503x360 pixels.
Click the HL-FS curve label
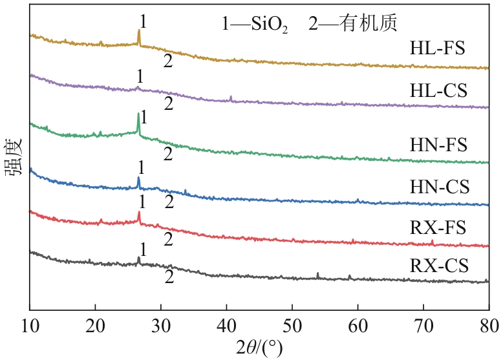tap(438, 48)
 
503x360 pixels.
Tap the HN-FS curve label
tap(438, 143)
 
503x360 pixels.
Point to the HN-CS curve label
tap(439, 187)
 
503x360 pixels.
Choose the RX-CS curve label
tap(438, 266)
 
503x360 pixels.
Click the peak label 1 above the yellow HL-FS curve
tap(143, 22)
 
